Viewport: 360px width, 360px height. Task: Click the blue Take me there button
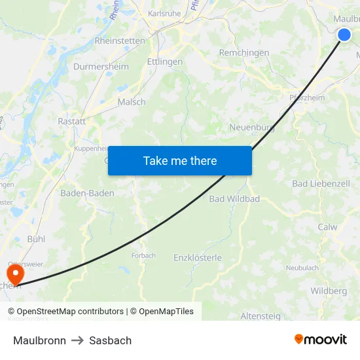[x=180, y=160]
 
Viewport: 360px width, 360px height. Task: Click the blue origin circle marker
[x=345, y=35]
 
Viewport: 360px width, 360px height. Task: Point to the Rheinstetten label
[x=120, y=41]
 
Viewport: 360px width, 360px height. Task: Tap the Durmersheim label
[x=101, y=67]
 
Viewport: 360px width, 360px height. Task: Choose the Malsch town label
[x=132, y=102]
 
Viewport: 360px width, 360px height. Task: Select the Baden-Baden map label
[x=87, y=193]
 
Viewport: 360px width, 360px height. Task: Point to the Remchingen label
[x=244, y=52]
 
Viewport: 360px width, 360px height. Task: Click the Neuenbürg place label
[x=252, y=128]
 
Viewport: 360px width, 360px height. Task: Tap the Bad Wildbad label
[x=234, y=198]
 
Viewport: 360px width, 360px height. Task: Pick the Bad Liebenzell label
[x=321, y=184]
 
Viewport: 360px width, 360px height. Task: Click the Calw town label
[x=327, y=227]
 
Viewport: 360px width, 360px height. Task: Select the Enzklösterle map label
[x=198, y=258]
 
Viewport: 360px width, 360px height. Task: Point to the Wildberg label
[x=329, y=291]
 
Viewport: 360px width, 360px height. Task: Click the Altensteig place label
[x=261, y=316]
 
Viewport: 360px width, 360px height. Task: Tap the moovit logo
[x=321, y=340]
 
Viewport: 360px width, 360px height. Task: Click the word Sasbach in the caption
[x=111, y=340]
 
